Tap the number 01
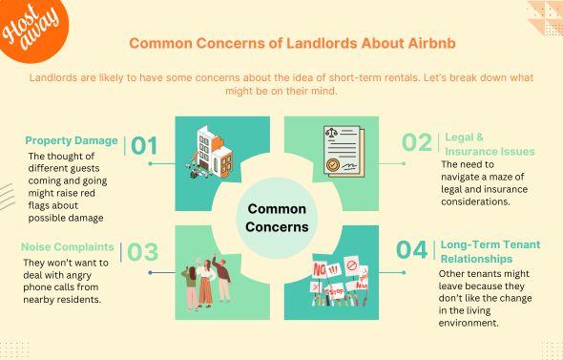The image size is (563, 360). click(x=144, y=145)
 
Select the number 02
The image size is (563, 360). click(x=416, y=142)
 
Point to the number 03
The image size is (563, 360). click(x=142, y=252)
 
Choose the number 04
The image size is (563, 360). click(x=411, y=250)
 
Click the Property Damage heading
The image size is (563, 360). click(x=72, y=140)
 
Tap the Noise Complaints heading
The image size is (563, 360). click(x=68, y=247)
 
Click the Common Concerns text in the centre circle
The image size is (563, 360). click(x=278, y=217)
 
